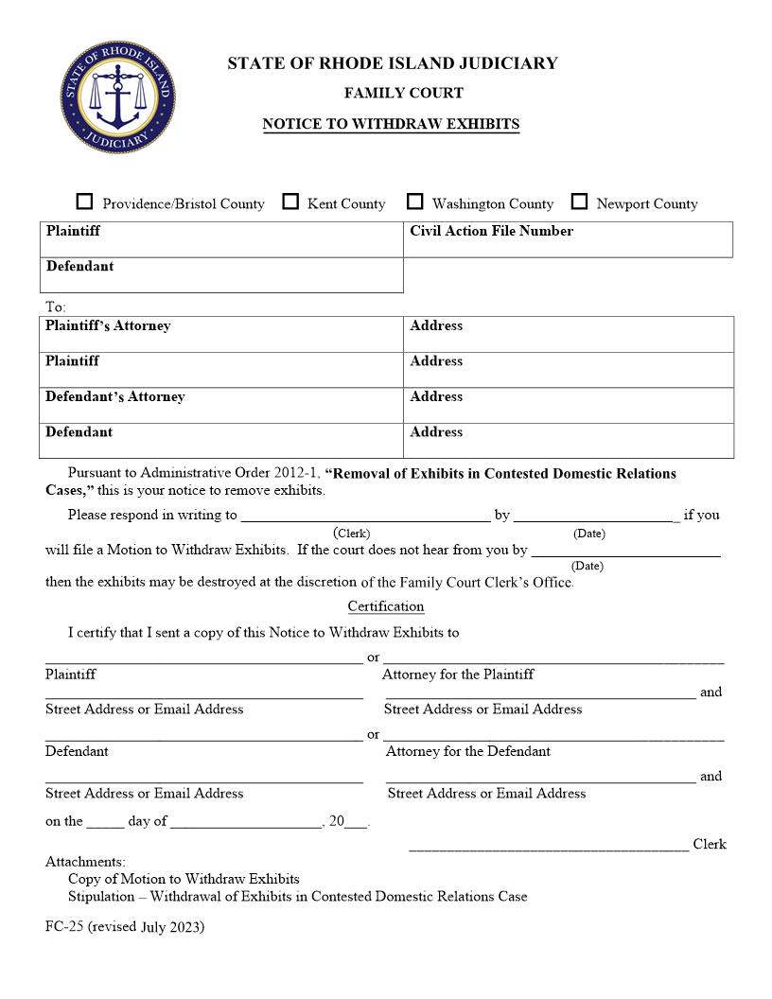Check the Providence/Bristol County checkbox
coord(85,202)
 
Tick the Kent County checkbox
coord(290,202)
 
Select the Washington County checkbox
coord(414,202)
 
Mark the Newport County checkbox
coord(579,202)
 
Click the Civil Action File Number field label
coord(491,231)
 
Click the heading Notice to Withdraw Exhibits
coord(391,124)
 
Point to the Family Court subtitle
coord(391,93)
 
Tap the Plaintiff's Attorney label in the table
coord(108,325)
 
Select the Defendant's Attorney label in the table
coord(114,396)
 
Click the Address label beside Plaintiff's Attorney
coord(436,325)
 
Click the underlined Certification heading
coord(385,606)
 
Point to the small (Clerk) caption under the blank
coord(352,534)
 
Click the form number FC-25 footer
coord(124,927)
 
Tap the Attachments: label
coord(85,862)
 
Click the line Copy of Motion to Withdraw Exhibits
coord(184,879)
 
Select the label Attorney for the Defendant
coord(467,751)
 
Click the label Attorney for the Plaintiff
coord(458,675)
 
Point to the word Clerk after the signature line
coord(710,844)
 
